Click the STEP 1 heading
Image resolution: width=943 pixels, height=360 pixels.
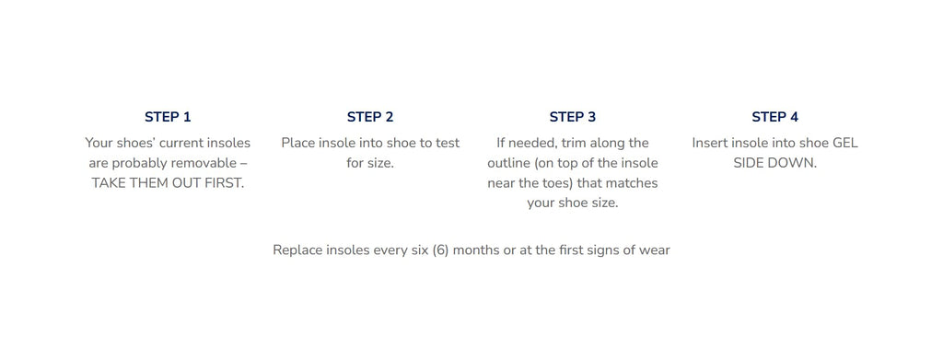(x=168, y=117)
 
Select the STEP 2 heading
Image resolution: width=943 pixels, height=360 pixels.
(x=370, y=117)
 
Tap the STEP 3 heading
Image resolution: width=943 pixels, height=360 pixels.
(x=573, y=117)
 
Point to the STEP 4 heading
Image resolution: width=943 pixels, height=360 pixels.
(x=775, y=117)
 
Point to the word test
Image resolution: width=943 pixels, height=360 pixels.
(x=448, y=143)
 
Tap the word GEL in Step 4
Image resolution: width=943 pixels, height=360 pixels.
(x=845, y=143)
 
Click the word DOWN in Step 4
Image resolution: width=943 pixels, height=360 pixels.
(x=796, y=163)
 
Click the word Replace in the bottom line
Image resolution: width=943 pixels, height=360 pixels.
(x=297, y=250)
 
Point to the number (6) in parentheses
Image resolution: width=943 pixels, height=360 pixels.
(x=440, y=250)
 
